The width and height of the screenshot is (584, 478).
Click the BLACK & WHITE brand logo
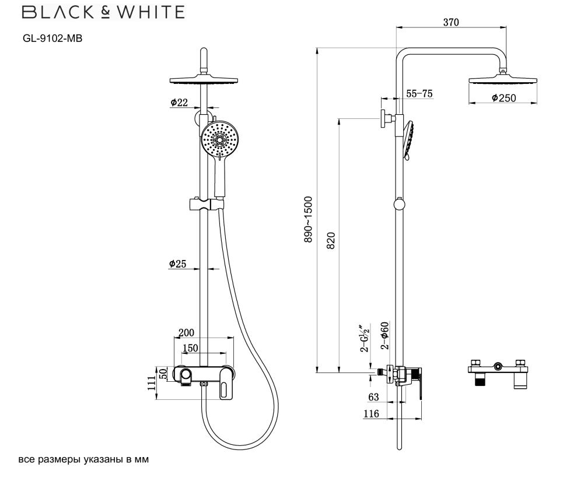(103, 12)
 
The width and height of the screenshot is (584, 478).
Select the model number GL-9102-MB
(53, 38)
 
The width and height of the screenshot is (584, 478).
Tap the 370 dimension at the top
(451, 22)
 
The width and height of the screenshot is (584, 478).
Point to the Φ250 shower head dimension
(503, 98)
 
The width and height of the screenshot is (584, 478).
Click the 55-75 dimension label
(419, 93)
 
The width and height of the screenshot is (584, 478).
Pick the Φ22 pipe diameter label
(180, 103)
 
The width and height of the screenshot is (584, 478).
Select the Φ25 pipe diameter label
(177, 264)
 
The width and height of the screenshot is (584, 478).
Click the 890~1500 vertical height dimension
(308, 220)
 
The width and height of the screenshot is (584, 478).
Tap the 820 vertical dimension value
(331, 241)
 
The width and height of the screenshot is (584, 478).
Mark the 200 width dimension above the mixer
(187, 333)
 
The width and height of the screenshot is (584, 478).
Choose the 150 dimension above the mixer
(190, 348)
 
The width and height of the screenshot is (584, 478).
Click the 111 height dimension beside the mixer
(152, 383)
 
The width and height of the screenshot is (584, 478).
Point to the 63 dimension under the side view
(373, 397)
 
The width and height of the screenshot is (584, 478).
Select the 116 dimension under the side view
(371, 414)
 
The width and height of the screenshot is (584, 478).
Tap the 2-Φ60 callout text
(384, 335)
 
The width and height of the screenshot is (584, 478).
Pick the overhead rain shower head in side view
(502, 80)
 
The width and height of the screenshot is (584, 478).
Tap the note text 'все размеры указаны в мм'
(83, 459)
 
